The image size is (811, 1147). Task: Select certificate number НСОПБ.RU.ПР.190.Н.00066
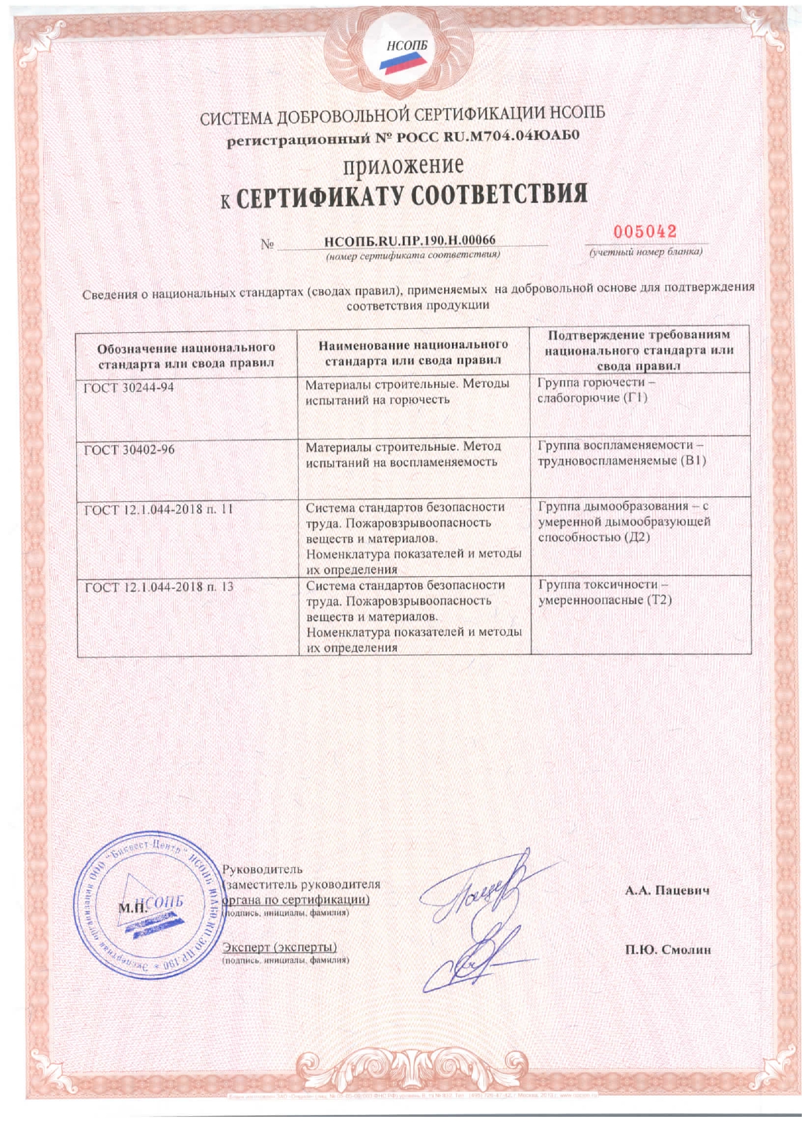[x=410, y=241]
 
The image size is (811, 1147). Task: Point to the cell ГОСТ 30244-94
[x=129, y=387]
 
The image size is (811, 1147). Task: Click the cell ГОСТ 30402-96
[x=130, y=450]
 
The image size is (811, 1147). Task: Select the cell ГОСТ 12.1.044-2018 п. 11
[x=159, y=509]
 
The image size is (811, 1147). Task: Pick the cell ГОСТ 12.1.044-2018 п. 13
[x=159, y=587]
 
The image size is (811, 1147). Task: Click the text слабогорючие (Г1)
[x=592, y=398]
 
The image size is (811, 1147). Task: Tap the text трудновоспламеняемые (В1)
[x=622, y=461]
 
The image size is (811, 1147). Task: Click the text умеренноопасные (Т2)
[x=605, y=600]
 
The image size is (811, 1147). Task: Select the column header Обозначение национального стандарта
[x=186, y=355]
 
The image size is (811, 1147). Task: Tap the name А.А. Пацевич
[x=667, y=891]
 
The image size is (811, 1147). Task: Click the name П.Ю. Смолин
[x=668, y=950]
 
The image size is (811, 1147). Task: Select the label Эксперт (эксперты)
[x=280, y=947]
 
